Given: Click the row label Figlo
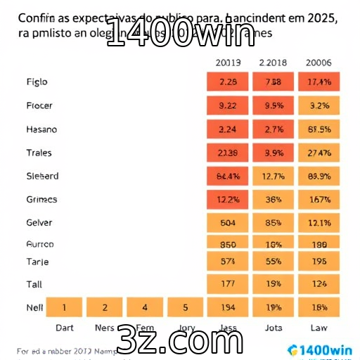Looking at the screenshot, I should (37, 82).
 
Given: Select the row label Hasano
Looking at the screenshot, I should (41, 129).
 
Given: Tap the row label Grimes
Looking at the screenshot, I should (41, 200).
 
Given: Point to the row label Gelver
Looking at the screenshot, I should (39, 223).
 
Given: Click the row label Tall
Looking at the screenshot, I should (34, 284).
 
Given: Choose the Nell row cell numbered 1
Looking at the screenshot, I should (64, 307).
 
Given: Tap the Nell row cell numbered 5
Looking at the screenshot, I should (186, 307).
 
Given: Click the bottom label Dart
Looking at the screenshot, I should (65, 327).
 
